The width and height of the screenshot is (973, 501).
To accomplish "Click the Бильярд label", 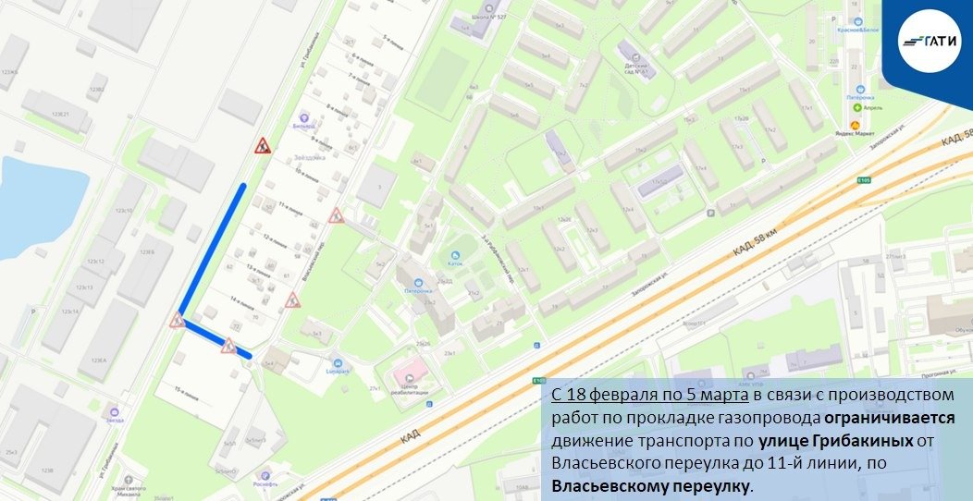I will point(302,125).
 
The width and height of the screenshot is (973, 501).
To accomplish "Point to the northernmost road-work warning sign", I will point(263,146).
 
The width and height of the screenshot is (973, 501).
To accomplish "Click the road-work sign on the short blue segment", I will point(228,347).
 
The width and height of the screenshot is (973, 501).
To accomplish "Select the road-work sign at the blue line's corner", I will point(177,321).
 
